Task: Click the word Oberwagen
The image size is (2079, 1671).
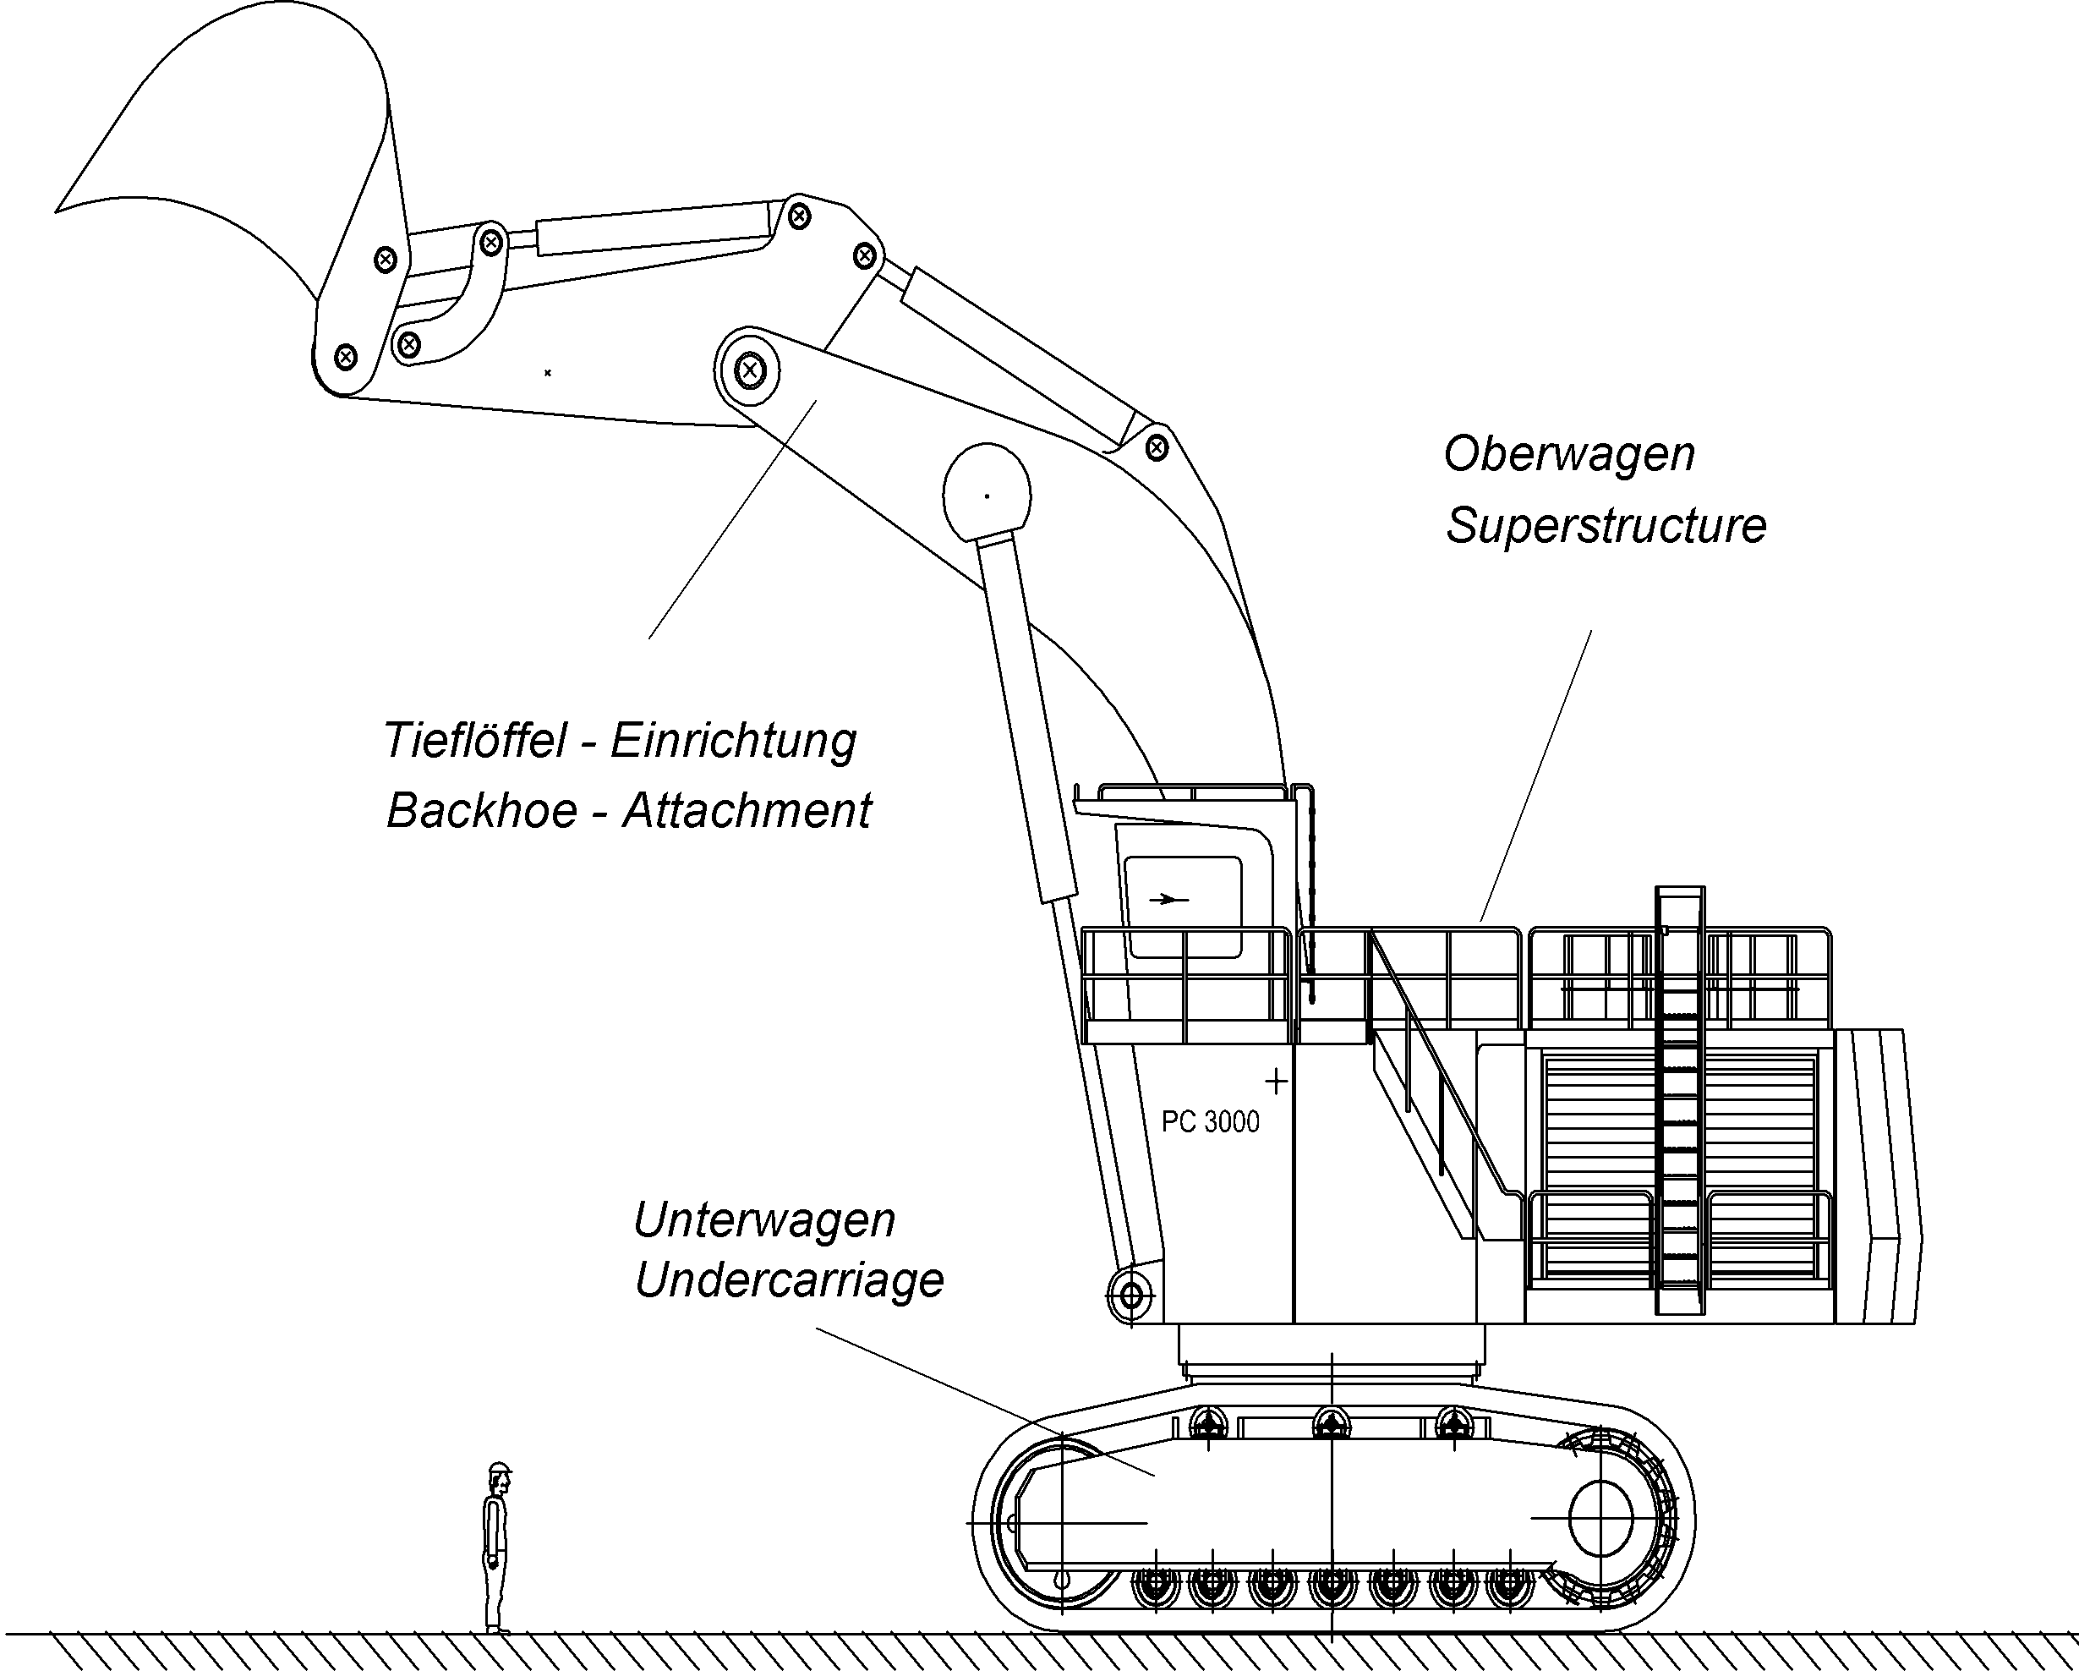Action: click(1568, 454)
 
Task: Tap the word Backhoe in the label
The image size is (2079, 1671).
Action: click(481, 810)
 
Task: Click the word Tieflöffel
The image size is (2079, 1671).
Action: click(474, 741)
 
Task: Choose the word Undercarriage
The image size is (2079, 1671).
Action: click(789, 1280)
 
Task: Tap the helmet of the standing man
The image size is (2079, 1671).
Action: click(499, 1469)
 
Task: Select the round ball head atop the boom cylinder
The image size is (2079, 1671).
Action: click(986, 495)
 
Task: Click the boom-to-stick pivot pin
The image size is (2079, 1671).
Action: click(749, 370)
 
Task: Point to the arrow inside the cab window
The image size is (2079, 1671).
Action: click(1167, 900)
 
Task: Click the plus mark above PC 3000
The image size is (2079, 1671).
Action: click(1276, 1081)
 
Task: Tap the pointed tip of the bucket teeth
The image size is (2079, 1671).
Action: click(57, 209)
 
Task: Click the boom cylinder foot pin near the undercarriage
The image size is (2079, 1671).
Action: click(1130, 1295)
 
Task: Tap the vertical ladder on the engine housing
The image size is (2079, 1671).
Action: click(1679, 1109)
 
